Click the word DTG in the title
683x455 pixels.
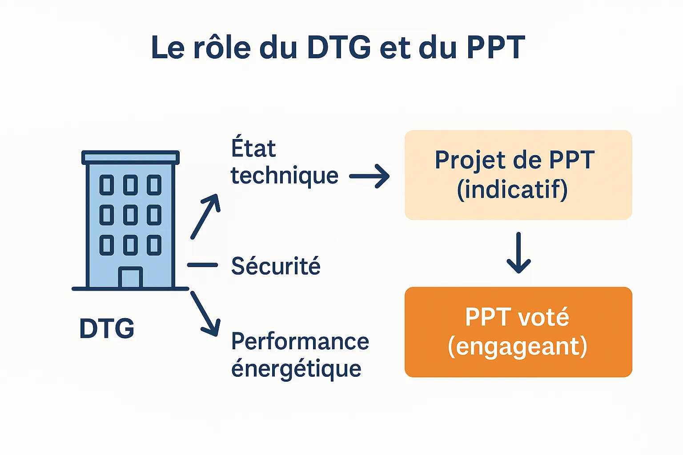(x=339, y=47)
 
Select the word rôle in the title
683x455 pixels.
(x=222, y=47)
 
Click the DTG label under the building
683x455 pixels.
(x=107, y=329)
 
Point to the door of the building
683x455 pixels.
(x=130, y=278)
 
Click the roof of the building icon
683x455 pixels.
(x=130, y=157)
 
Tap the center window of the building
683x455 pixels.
(x=130, y=215)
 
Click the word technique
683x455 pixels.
(x=285, y=176)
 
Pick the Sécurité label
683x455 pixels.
(x=276, y=266)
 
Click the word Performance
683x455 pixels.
(x=300, y=342)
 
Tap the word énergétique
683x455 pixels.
(x=296, y=369)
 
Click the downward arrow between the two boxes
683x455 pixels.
(x=518, y=252)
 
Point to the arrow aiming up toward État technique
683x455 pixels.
(x=205, y=216)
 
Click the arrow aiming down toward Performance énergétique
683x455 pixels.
(x=205, y=314)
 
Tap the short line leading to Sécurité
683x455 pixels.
(x=202, y=265)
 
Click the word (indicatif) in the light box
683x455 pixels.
(x=512, y=190)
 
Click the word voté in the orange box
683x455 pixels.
(x=544, y=317)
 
